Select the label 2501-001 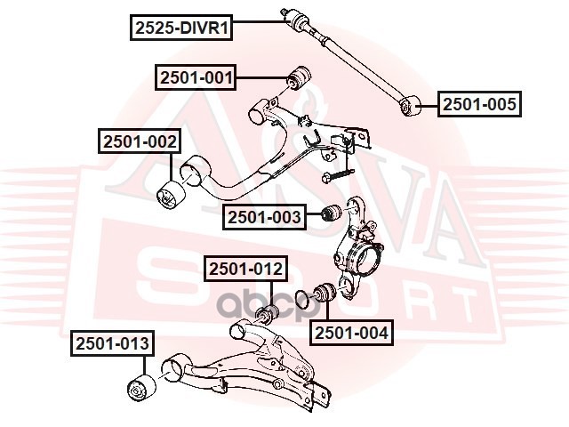pos(196,78)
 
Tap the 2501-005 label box pos(479,105)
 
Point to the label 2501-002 pos(140,141)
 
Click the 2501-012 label pos(245,268)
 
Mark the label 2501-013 pos(113,342)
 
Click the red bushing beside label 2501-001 pos(298,78)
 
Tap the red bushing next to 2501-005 pos(412,107)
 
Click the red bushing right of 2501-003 pos(331,214)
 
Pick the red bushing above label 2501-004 pos(324,293)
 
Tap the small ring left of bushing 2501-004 pos(302,295)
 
